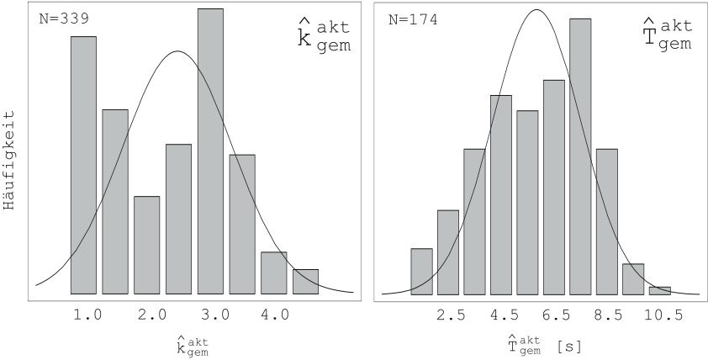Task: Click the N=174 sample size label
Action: click(412, 18)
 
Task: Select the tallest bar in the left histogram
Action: click(210, 151)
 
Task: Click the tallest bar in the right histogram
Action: click(580, 156)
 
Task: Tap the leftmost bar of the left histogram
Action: click(83, 165)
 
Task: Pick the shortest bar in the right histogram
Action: click(660, 291)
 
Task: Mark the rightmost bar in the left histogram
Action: click(305, 282)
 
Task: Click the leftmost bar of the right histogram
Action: click(422, 272)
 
